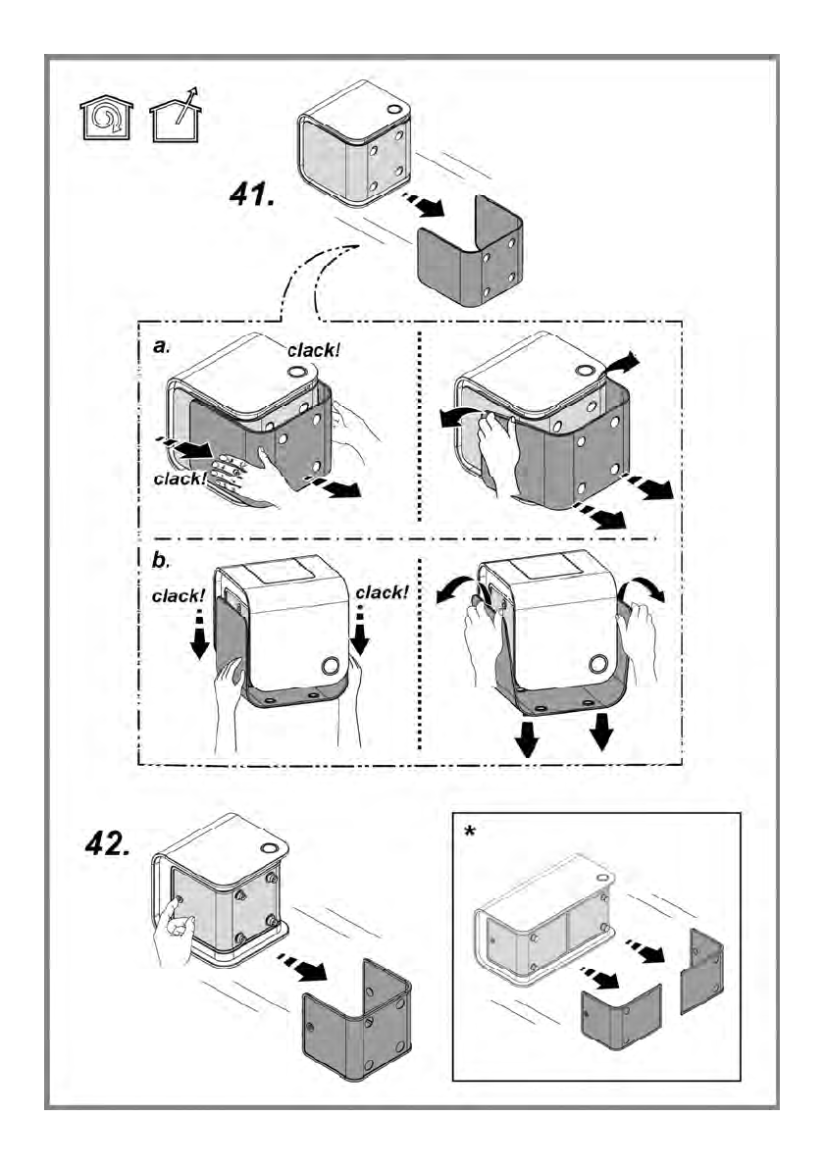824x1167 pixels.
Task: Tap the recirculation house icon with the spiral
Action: [x=105, y=120]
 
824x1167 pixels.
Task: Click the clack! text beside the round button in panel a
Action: [x=314, y=348]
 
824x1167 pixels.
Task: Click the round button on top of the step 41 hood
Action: [x=393, y=110]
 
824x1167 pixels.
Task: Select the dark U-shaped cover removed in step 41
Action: [x=472, y=255]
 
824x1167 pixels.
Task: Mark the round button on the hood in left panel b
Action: [x=331, y=666]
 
